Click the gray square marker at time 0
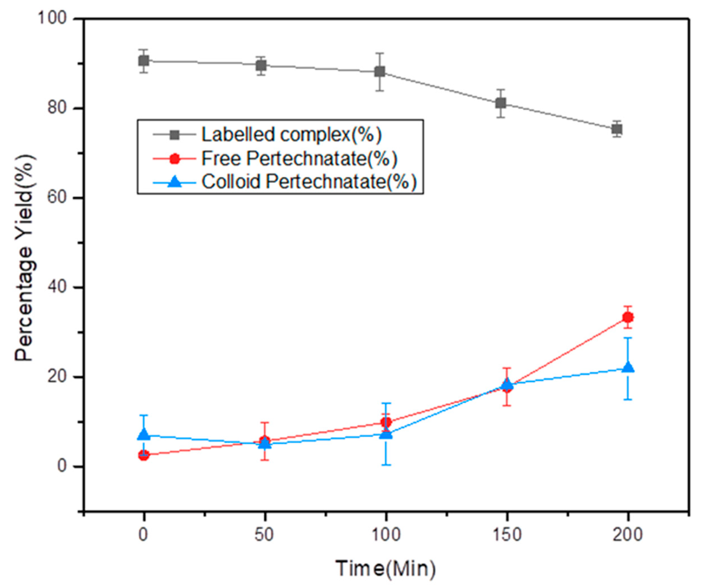pyautogui.click(x=144, y=61)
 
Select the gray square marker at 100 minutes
pyautogui.click(x=380, y=71)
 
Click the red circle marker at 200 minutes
pyautogui.click(x=628, y=317)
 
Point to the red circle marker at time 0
pyautogui.click(x=144, y=455)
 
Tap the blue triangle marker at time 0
pyautogui.click(x=144, y=435)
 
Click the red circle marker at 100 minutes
pyautogui.click(x=386, y=422)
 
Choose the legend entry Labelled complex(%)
pyautogui.click(x=291, y=134)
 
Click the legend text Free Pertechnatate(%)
pyautogui.click(x=299, y=158)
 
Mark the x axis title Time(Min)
pyautogui.click(x=386, y=569)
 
